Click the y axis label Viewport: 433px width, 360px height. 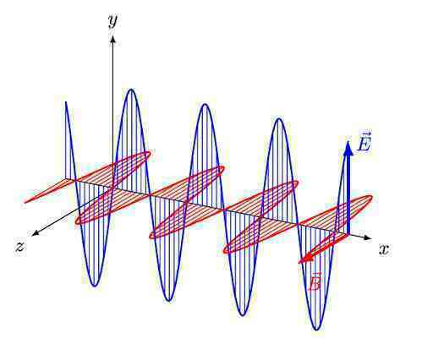(x=112, y=21)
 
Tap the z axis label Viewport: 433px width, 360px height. (x=20, y=247)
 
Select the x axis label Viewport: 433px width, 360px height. (x=384, y=249)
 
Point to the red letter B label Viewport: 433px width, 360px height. (x=315, y=282)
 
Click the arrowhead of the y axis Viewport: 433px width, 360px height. (x=113, y=40)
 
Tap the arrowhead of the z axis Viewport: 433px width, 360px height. (x=36, y=232)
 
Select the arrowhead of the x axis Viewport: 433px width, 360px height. (x=368, y=237)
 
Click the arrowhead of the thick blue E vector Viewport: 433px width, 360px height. (x=348, y=148)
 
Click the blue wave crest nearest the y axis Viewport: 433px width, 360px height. (x=131, y=90)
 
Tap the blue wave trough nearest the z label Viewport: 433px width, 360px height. (x=95, y=286)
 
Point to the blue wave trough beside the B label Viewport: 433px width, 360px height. (x=317, y=329)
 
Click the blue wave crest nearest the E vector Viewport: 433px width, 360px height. (x=279, y=119)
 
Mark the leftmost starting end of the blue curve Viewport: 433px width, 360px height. (x=66, y=102)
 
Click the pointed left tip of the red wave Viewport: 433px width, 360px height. (x=25, y=202)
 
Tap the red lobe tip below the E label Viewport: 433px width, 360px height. (x=371, y=198)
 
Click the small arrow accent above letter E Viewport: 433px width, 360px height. (x=364, y=134)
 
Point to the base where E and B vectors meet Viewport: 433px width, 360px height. (x=348, y=233)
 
